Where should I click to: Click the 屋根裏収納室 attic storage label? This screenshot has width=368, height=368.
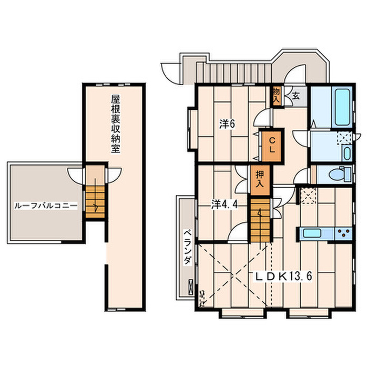click(x=116, y=124)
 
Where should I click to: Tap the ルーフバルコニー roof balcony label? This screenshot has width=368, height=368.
click(x=46, y=206)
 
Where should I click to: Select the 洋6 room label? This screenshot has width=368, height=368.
click(x=227, y=124)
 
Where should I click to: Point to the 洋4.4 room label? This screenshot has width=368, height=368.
click(x=225, y=205)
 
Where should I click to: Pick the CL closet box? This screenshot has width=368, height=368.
click(x=272, y=146)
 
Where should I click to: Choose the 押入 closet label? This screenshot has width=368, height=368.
click(x=260, y=179)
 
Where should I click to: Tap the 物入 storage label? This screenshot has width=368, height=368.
click(x=277, y=95)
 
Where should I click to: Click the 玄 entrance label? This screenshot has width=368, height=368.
click(x=295, y=96)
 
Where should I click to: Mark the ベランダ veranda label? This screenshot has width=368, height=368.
click(x=187, y=247)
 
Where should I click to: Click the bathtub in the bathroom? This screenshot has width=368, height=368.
click(x=343, y=107)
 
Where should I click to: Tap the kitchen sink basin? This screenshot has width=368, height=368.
click(x=312, y=233)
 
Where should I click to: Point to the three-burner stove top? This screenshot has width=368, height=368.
click(x=343, y=233)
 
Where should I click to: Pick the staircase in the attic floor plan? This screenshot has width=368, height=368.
click(x=95, y=201)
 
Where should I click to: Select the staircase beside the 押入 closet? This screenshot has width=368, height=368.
click(x=260, y=220)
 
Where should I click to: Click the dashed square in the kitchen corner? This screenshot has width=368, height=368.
click(x=308, y=196)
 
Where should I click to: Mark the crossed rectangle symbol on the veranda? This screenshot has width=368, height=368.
click(x=191, y=287)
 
